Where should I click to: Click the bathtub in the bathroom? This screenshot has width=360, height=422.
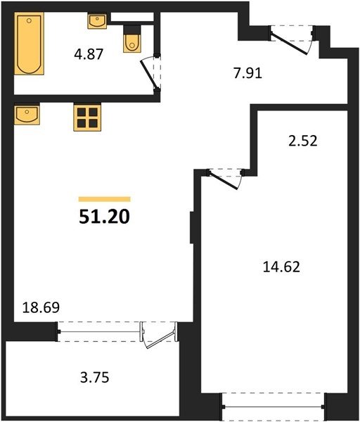point(29,44)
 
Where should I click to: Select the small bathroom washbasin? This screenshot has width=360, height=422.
point(97,21)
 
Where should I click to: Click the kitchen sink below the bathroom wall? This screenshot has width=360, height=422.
point(27,114)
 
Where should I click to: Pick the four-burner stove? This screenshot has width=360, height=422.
point(87,118)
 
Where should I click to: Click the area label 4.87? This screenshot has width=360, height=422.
point(89,54)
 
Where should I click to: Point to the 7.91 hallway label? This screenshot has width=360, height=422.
point(247,73)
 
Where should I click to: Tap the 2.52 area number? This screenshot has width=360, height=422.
point(303,141)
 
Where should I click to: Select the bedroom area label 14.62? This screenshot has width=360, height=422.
point(281,267)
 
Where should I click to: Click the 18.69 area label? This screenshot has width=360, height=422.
point(41,307)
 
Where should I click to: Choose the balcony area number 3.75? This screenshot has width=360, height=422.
point(95,377)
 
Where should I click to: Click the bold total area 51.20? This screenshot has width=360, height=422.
point(104,217)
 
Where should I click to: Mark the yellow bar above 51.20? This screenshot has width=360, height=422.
point(104,199)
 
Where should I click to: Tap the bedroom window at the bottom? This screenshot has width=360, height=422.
point(274,407)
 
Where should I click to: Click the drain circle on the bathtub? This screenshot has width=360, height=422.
point(29,20)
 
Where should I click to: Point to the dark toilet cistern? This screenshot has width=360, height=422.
point(132,30)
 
